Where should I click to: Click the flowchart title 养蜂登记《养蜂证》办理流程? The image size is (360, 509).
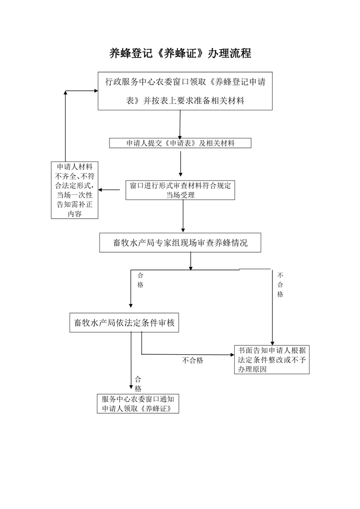[x=180, y=53]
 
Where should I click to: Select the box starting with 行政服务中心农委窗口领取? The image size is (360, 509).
[x=185, y=91]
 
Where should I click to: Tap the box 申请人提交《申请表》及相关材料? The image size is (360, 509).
[x=180, y=143]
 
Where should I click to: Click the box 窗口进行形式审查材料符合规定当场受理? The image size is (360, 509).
[x=180, y=190]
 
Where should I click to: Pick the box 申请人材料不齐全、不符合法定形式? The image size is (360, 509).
[x=74, y=190]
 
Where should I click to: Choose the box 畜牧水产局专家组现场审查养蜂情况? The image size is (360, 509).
[x=180, y=243]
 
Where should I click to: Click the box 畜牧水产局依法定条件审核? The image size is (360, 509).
[x=124, y=323]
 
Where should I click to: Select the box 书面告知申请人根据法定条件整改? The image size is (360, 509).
[x=271, y=360]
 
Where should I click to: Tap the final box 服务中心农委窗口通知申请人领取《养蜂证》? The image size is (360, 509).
[x=138, y=403]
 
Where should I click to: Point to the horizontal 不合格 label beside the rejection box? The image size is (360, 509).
[x=192, y=360]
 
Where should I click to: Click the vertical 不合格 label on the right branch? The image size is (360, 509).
[x=280, y=285]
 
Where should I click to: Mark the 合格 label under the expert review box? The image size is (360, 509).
[x=140, y=280]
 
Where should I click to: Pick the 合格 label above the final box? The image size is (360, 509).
[x=138, y=384]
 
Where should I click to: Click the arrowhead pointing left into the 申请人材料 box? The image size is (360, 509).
[x=100, y=190]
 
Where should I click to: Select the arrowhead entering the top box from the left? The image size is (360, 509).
[x=96, y=91]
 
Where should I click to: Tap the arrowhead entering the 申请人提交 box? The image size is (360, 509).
[x=180, y=137]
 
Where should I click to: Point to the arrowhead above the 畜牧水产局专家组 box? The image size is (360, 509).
[x=183, y=230]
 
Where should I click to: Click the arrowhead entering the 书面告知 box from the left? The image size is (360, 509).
[x=232, y=355]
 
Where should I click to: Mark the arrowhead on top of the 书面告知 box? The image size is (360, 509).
[x=272, y=343]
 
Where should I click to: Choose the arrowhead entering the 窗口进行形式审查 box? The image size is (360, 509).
[x=181, y=175]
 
